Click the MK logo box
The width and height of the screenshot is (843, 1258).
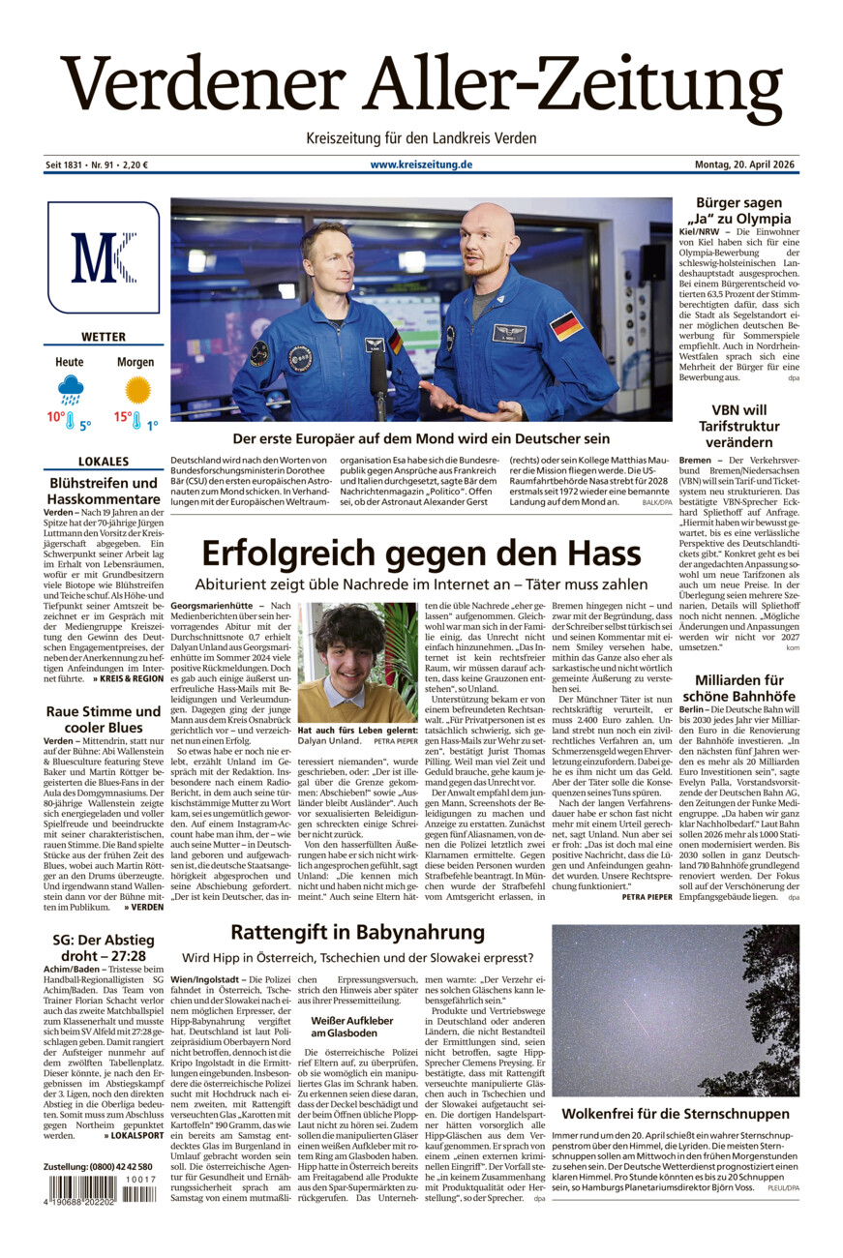pyautogui.click(x=103, y=257)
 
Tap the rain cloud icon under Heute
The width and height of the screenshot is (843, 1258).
pyautogui.click(x=70, y=390)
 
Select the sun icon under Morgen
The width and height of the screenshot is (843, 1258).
pyautogui.click(x=137, y=390)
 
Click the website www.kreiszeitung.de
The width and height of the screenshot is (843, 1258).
pyautogui.click(x=421, y=165)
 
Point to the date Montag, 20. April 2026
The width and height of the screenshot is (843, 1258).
pyautogui.click(x=746, y=165)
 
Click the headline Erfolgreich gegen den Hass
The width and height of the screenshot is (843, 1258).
pyautogui.click(x=421, y=554)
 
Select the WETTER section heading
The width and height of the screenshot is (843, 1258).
pyautogui.click(x=104, y=337)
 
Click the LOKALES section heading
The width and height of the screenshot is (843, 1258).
pyautogui.click(x=104, y=462)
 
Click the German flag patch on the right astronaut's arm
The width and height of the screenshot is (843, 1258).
pyautogui.click(x=565, y=326)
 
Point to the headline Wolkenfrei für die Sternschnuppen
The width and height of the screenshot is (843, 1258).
pyautogui.click(x=675, y=1114)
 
